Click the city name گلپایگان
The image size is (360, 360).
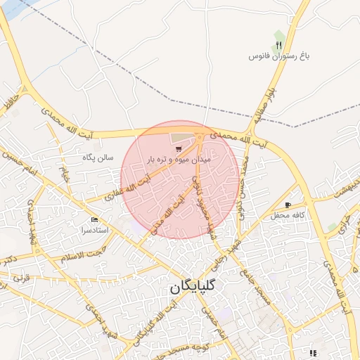coord(193,287)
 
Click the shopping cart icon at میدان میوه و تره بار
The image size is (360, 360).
coord(178,149)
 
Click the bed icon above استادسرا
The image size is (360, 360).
coord(95,219)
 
